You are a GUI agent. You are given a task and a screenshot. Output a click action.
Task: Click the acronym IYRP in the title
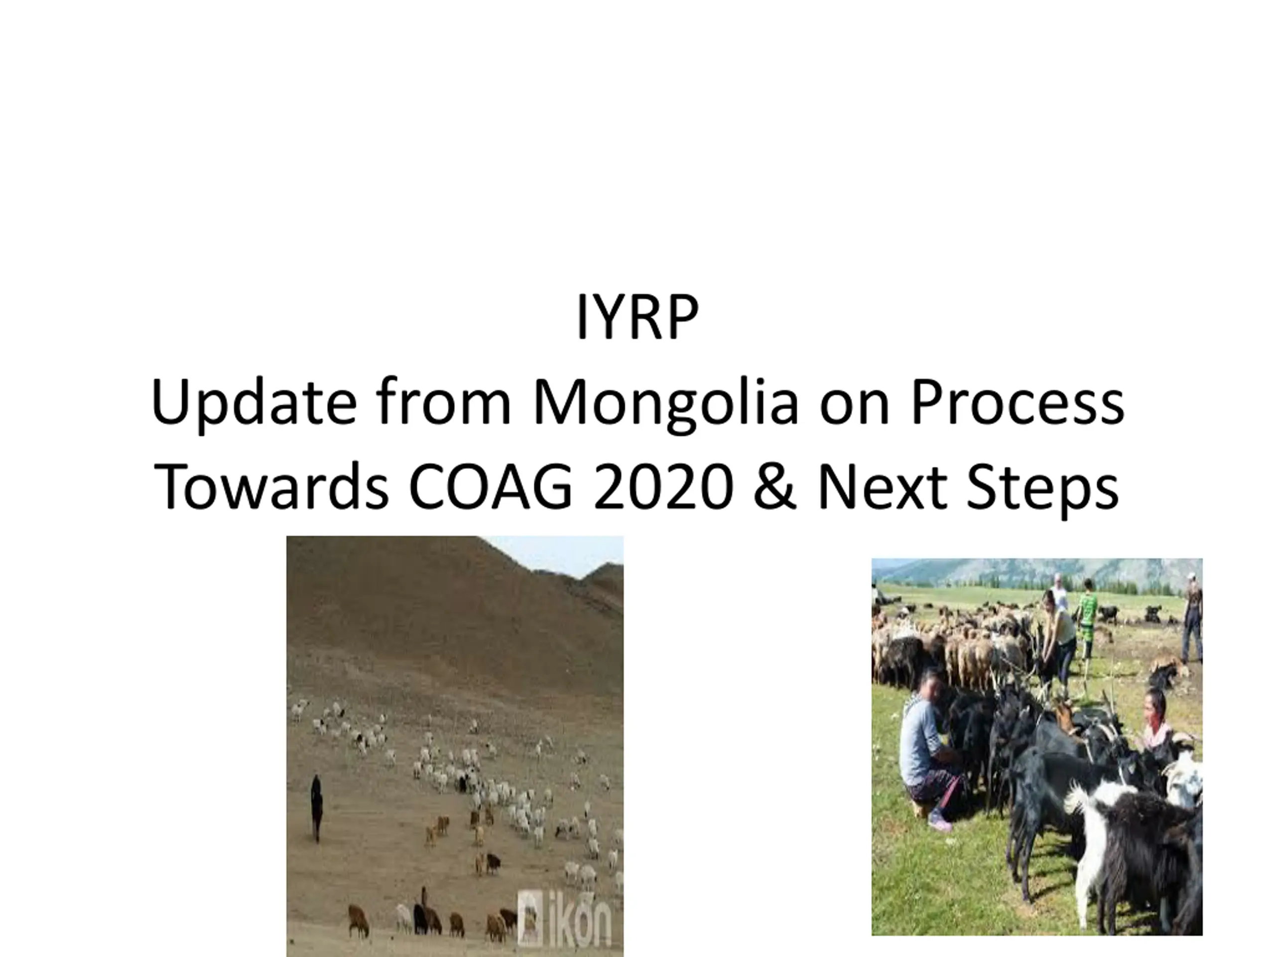click(x=637, y=318)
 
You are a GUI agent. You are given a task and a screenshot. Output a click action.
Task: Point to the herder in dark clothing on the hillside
click(x=316, y=807)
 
